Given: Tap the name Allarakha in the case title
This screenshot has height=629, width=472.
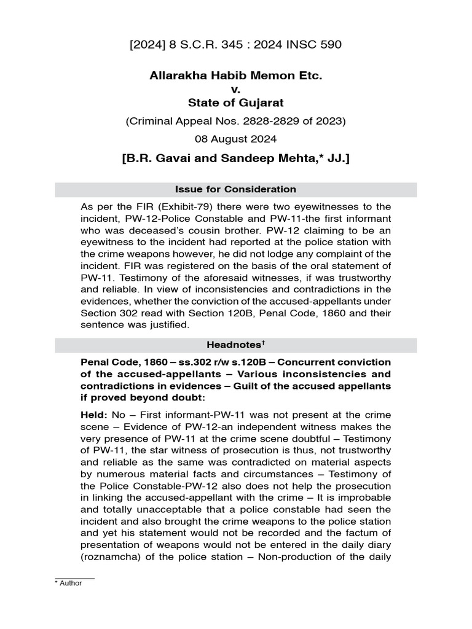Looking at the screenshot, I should click(x=176, y=76).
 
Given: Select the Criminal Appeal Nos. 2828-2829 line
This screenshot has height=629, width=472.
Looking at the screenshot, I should click(x=235, y=121).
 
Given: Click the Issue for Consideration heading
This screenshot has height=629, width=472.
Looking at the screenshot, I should click(x=235, y=189).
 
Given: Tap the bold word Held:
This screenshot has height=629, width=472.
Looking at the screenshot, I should click(x=94, y=415).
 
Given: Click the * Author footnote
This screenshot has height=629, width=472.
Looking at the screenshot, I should click(x=69, y=584).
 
